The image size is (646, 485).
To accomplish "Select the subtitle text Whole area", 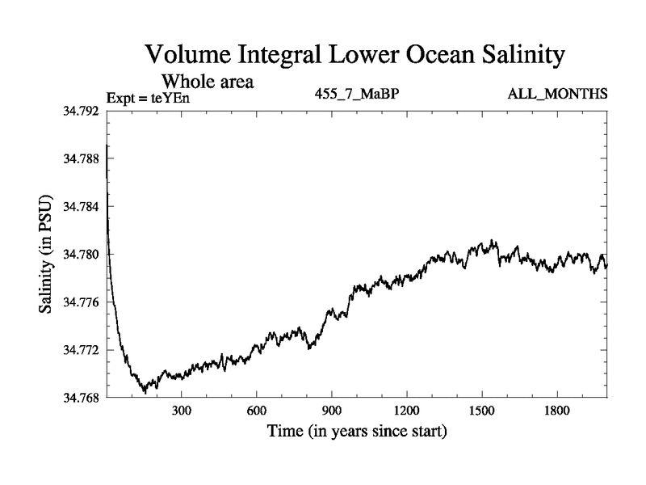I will [x=208, y=82].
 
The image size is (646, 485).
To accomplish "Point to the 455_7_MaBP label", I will [x=357, y=95].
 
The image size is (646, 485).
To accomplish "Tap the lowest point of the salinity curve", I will [x=145, y=392].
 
